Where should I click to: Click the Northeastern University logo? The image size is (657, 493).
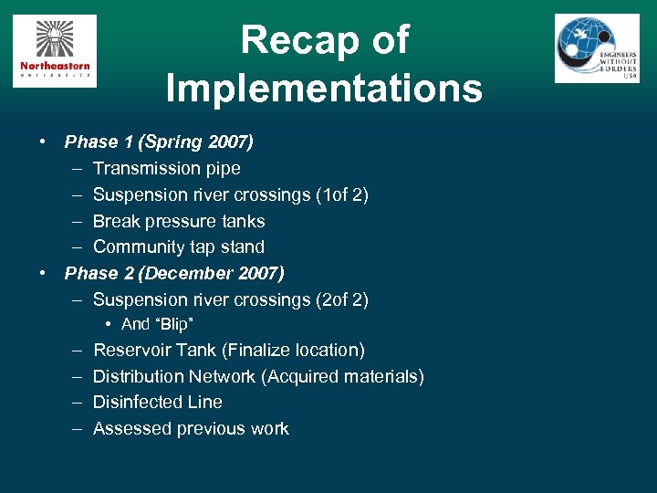point(55,52)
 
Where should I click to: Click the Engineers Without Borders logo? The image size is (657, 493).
point(597,49)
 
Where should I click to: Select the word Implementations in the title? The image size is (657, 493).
point(324,89)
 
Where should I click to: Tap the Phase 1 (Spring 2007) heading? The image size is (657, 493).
point(159,142)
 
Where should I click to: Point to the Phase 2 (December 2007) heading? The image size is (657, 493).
point(174,273)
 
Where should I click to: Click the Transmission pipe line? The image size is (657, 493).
point(167,168)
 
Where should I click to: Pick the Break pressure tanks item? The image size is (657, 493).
point(179,221)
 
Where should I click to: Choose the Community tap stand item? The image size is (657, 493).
point(179,246)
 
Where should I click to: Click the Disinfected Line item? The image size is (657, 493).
point(158,402)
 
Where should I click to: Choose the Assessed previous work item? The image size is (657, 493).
point(191,428)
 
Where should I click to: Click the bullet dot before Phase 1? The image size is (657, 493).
point(43,142)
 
